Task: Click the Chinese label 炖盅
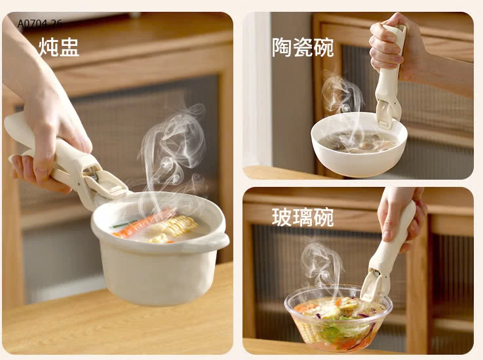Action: (58, 47)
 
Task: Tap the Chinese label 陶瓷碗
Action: (302, 47)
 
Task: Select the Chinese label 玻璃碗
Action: (302, 218)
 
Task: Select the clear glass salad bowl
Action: (338, 321)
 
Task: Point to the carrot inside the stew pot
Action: (141, 223)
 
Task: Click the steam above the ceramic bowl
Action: (341, 95)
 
